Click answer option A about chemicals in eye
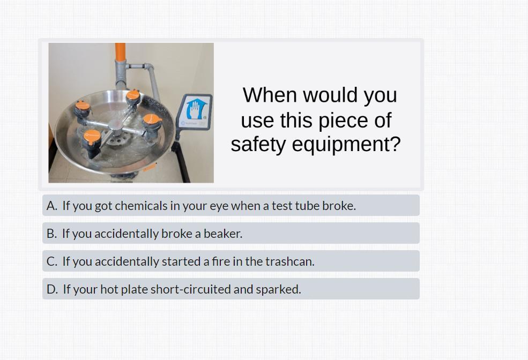[x=231, y=205]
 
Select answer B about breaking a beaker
[x=231, y=233]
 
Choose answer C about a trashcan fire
[x=231, y=261]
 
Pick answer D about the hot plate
[x=231, y=289]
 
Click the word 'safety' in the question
[x=258, y=145]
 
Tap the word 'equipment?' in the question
[x=346, y=145]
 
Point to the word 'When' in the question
[x=270, y=95]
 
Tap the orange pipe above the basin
[x=120, y=52]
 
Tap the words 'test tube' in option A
[x=295, y=206]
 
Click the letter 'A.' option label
[x=52, y=206]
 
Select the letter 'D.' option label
[x=52, y=289]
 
